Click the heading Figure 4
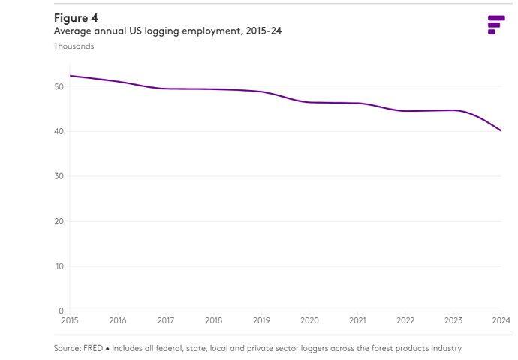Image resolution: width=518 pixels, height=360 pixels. coord(76,17)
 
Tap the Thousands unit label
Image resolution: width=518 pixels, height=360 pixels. coord(74,46)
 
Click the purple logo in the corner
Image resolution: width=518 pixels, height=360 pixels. coord(495,24)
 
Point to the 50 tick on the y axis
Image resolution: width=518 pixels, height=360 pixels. coord(59,87)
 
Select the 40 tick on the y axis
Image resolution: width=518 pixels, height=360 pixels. coord(59,132)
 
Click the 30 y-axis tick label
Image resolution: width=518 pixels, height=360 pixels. coord(59,176)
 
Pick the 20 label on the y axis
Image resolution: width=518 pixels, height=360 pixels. coord(59,221)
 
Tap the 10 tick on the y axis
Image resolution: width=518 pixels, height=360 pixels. coord(59,266)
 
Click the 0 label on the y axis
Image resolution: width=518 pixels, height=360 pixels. coord(61,310)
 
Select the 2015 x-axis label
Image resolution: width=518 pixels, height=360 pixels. coord(70,320)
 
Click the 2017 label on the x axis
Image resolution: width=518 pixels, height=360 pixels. coord(166,320)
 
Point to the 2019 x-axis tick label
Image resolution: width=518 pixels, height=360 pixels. coord(261,320)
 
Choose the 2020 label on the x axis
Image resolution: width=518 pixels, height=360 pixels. coord(309,320)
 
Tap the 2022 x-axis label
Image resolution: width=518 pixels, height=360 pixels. coord(405,320)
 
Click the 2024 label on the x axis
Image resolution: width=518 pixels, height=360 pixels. coord(501,320)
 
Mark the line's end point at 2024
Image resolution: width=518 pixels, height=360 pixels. coord(501,131)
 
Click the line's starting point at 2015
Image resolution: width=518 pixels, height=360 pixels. coord(70,76)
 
